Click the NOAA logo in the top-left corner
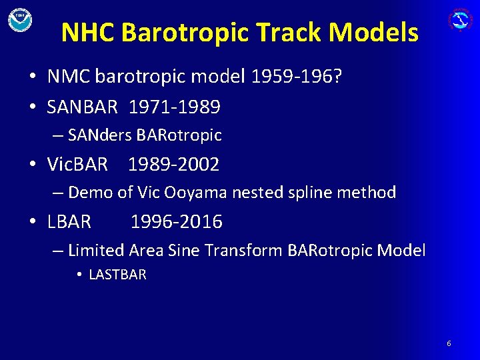click(x=20, y=19)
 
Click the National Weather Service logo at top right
click(x=460, y=19)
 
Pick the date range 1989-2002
click(x=173, y=164)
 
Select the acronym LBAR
click(x=69, y=222)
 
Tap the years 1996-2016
click(x=177, y=222)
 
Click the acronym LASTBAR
click(x=117, y=275)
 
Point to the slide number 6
click(x=449, y=343)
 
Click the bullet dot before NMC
click(x=32, y=77)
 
